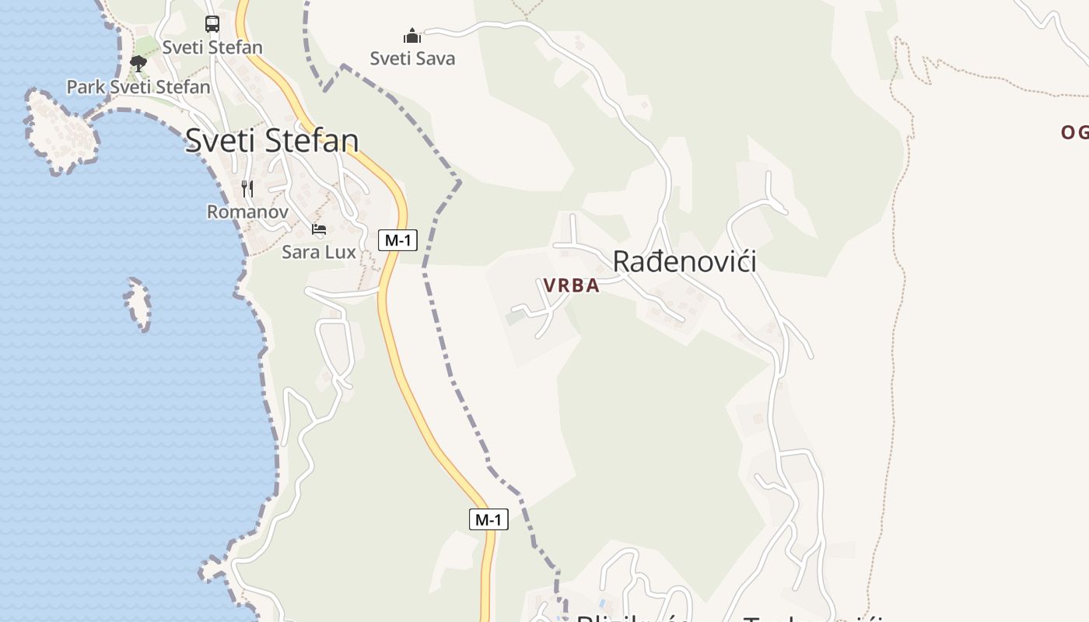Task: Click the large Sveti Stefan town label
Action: tap(271, 141)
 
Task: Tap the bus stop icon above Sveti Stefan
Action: tap(212, 23)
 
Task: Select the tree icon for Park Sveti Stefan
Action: tap(138, 64)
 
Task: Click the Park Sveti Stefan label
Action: tap(138, 86)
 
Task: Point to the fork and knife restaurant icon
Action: tap(247, 188)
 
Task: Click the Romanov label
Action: tap(247, 211)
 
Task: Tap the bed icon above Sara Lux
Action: tap(319, 229)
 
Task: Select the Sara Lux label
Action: tap(319, 252)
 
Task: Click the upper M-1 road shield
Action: tap(397, 240)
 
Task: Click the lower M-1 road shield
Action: tap(488, 519)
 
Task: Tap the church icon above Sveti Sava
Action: tap(412, 36)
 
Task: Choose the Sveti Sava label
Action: tap(412, 58)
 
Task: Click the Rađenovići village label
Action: tap(685, 261)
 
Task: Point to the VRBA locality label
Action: tap(572, 285)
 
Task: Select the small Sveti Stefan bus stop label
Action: tap(212, 47)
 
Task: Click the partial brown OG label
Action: tap(1074, 132)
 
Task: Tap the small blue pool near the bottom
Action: tap(603, 604)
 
